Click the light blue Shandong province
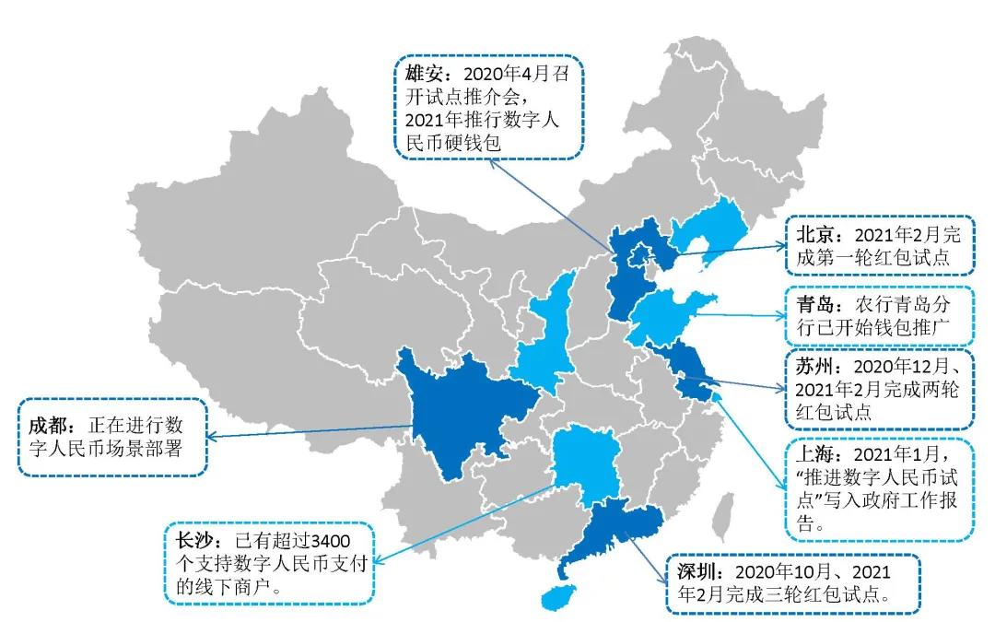tap(668, 318)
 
